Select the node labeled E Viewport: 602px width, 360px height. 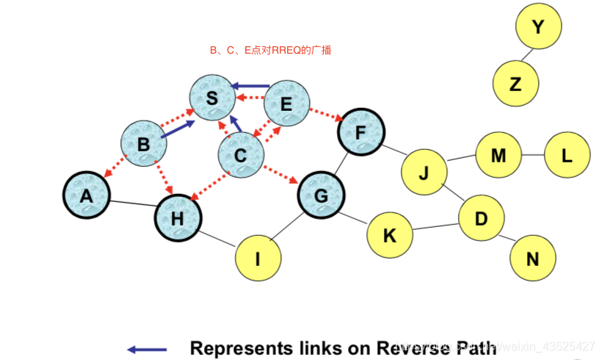[x=286, y=104]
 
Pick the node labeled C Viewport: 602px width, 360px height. [x=241, y=155]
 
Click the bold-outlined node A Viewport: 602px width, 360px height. [x=87, y=195]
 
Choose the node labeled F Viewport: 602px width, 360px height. [x=360, y=132]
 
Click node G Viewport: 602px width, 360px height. [x=321, y=196]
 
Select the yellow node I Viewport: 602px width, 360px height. [x=258, y=258]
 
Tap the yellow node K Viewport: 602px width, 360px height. [x=389, y=234]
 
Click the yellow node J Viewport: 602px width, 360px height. [x=424, y=172]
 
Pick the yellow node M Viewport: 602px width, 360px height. [x=498, y=156]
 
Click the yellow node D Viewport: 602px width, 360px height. [x=481, y=218]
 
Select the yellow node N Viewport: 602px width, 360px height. [x=533, y=258]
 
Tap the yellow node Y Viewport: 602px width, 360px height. [x=538, y=27]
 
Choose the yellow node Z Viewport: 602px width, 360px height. [x=515, y=84]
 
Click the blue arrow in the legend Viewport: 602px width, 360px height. [x=147, y=349]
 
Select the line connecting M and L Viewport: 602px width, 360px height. [x=533, y=156]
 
